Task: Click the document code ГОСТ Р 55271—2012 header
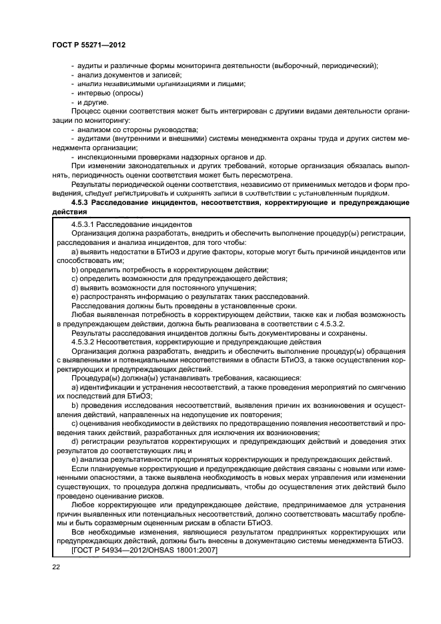coord(89,44)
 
